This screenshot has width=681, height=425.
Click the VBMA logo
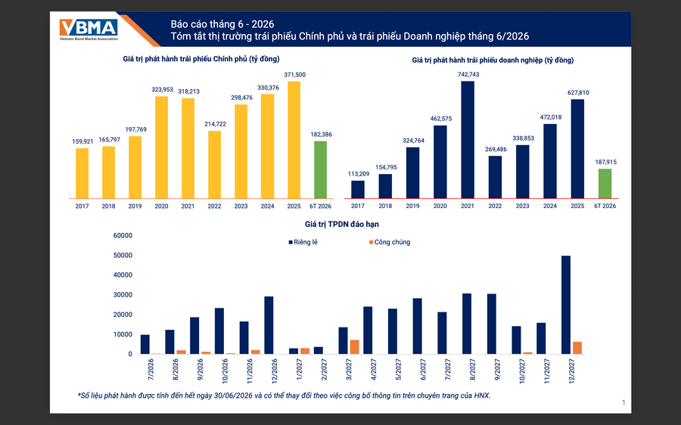coord(89,29)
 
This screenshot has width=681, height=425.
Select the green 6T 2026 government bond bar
coord(321,169)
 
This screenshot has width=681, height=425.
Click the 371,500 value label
coord(295,75)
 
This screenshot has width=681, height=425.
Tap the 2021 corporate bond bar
coord(468,140)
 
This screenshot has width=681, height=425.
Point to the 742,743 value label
coord(468,74)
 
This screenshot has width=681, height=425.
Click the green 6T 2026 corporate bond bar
coord(605,184)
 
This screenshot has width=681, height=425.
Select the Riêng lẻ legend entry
coord(303,242)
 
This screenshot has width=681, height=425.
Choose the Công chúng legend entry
coord(390,242)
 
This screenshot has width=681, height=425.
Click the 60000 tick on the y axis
coord(123,236)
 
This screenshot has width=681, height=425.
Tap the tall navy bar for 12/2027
coord(566,305)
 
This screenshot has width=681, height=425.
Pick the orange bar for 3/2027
coord(354,347)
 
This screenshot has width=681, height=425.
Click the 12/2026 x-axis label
coord(275,371)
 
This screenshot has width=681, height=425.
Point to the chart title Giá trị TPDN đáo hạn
coord(341,225)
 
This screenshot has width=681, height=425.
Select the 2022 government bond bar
coord(215,165)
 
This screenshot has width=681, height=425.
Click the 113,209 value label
coord(359,174)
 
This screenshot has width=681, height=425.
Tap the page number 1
coord(623,403)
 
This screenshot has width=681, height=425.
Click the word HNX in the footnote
coord(482,396)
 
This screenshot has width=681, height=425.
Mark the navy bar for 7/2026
coord(145,344)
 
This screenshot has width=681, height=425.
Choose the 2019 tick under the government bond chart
coord(135,206)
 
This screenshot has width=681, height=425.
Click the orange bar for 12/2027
coord(577,348)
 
